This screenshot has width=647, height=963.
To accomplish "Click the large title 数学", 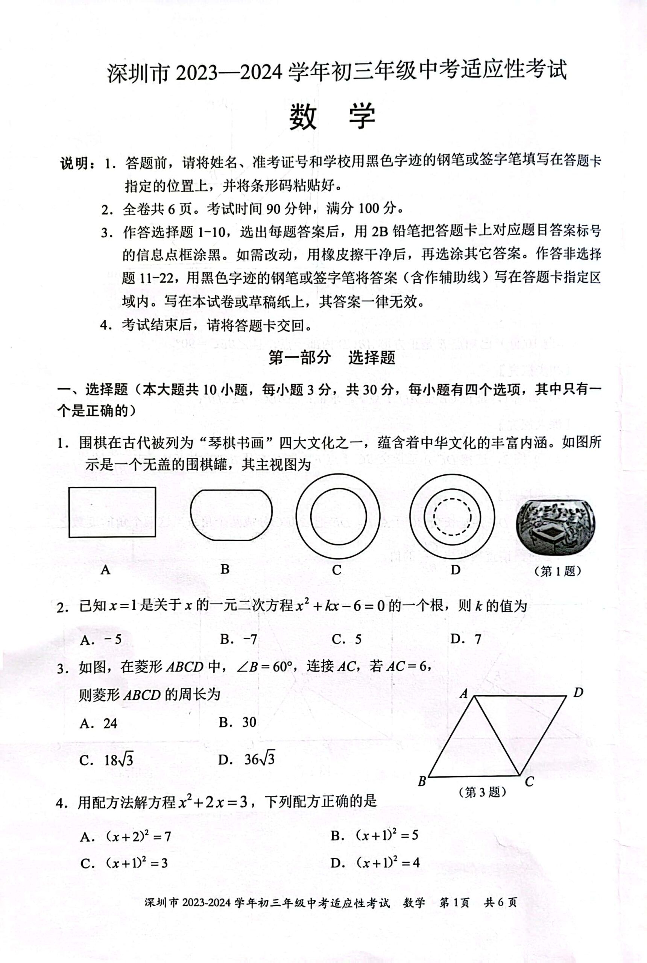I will pos(332,117).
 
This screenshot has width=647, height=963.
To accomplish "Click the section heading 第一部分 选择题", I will pos(332,357).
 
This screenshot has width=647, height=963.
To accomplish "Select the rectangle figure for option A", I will pos(112,512).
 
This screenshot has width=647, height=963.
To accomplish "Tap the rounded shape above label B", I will pos(231,515).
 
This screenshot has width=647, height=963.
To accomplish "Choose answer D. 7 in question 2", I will pos(466,639).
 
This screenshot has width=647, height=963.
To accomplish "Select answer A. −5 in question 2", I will pos(101,640).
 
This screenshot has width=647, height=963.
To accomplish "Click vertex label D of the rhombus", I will pos(578,693).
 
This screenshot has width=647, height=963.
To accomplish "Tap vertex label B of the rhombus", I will pos(422,781).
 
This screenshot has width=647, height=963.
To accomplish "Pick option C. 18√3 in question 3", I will pos(106,759).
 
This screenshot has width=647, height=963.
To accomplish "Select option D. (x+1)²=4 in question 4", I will pos(375,862).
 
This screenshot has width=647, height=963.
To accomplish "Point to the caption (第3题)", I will pos(482,792).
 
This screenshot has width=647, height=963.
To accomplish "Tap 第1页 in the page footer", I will pos(454,903).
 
